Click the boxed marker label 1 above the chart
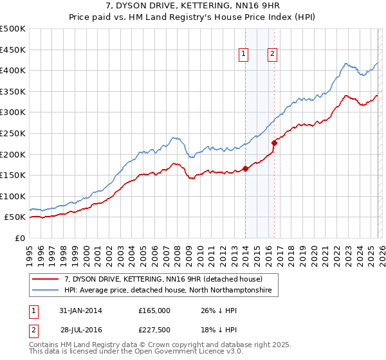(x=244, y=55)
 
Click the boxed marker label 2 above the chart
(x=273, y=55)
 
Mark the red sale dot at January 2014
(x=245, y=169)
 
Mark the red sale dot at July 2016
(x=274, y=143)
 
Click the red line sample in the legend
(x=46, y=280)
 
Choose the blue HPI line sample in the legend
(x=46, y=291)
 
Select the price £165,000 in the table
(x=154, y=310)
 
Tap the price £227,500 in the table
(x=154, y=330)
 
